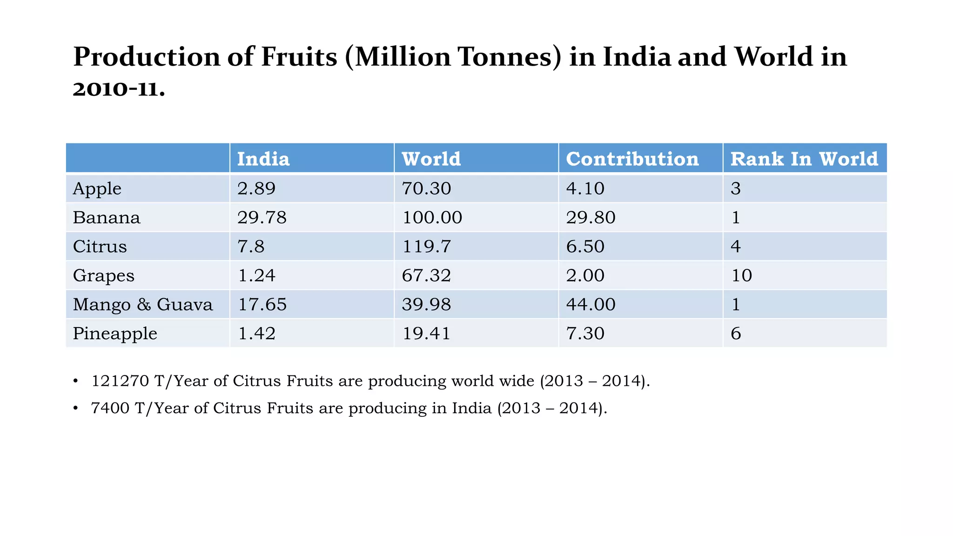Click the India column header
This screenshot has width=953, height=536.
pyautogui.click(x=263, y=159)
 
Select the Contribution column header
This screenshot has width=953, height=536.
pyautogui.click(x=632, y=159)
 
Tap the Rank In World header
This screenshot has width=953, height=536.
pyautogui.click(x=804, y=159)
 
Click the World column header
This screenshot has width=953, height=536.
pyautogui.click(x=431, y=159)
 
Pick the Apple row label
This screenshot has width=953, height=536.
pyautogui.click(x=97, y=188)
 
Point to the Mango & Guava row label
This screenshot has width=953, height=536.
pyautogui.click(x=143, y=304)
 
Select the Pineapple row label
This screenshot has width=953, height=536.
pyautogui.click(x=115, y=334)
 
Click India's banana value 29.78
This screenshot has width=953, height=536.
pyautogui.click(x=262, y=217)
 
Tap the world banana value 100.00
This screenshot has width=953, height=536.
pyautogui.click(x=432, y=217)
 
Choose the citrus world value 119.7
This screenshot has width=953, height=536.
pyautogui.click(x=426, y=246)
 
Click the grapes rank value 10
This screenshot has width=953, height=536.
pyautogui.click(x=741, y=275)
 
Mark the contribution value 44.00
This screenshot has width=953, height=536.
pyautogui.click(x=591, y=304)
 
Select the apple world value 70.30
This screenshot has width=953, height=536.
pyautogui.click(x=426, y=188)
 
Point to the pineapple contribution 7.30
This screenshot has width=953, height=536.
pyautogui.click(x=585, y=334)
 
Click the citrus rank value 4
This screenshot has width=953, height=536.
pyautogui.click(x=736, y=246)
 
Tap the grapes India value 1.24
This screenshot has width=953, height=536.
pyautogui.click(x=256, y=275)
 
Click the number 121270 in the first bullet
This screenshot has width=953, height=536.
pyautogui.click(x=120, y=381)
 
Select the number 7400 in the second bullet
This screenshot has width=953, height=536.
pyautogui.click(x=110, y=408)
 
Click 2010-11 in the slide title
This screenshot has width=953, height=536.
pyautogui.click(x=119, y=88)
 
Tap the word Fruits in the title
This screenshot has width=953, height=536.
pyautogui.click(x=299, y=57)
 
